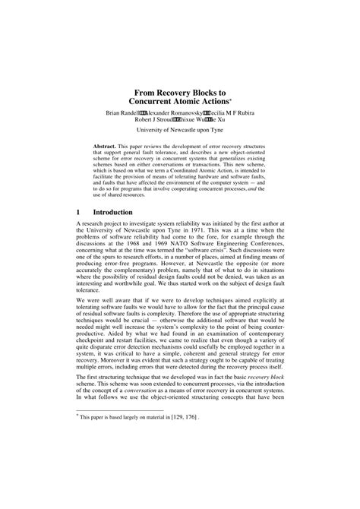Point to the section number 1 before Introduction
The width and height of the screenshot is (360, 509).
[x=79, y=212]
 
